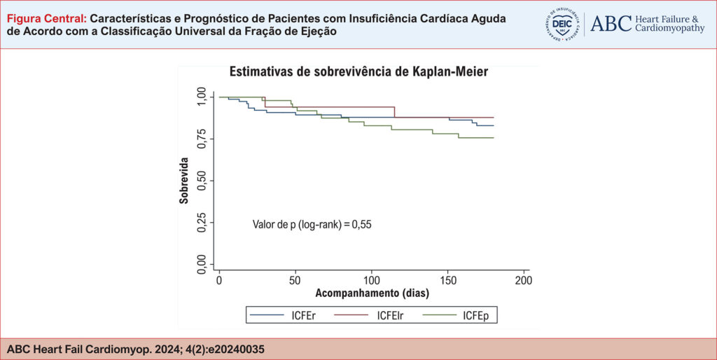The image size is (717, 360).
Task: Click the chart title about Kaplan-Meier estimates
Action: point(358,71)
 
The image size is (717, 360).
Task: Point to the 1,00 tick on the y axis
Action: point(202,97)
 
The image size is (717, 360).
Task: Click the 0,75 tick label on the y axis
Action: point(202,139)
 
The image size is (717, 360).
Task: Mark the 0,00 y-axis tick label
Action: point(202,264)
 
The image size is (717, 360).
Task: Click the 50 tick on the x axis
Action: point(295,280)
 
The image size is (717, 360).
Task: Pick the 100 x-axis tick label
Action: point(371,280)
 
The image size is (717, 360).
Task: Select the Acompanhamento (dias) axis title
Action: point(372,292)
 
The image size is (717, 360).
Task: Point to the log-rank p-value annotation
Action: point(312,225)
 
